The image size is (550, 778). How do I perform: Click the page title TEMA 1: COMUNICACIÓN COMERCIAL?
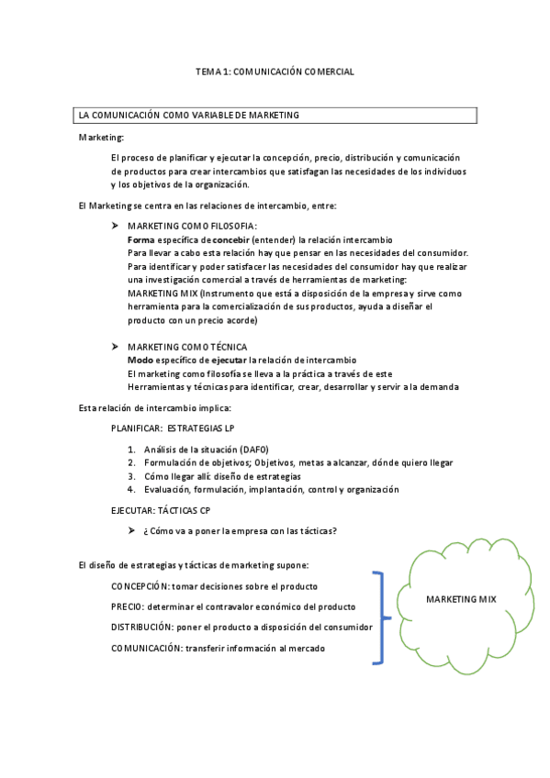[x=275, y=71]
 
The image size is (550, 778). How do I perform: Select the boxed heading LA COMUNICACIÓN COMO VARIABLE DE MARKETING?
[x=189, y=116]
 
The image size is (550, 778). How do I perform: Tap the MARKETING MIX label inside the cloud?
[x=461, y=599]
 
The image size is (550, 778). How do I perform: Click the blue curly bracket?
[x=378, y=617]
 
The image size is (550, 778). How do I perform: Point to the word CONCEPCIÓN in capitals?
[x=141, y=585]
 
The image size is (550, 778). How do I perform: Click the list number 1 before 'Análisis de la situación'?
[x=131, y=450]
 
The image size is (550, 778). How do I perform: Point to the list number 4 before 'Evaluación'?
[x=131, y=490]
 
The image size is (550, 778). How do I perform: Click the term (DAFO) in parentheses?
[x=253, y=450]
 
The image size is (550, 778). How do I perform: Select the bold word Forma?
[x=140, y=239]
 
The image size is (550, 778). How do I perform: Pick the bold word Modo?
[x=140, y=361]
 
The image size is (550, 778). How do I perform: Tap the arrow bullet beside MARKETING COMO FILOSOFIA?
[x=115, y=226]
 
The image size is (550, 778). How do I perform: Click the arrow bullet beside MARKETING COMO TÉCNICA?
[x=115, y=347]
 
